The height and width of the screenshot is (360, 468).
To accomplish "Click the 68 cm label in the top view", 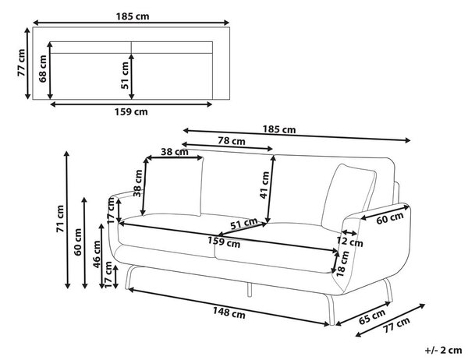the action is pos(43,69).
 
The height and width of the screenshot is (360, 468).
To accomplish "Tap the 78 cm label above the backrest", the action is pos(232,141).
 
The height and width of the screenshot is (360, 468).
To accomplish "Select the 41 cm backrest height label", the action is pos(264,185).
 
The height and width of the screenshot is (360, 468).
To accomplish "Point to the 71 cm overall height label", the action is pos(60,219).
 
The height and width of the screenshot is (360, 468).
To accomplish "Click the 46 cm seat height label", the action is pos(97,254).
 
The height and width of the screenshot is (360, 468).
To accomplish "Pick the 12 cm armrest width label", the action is pos(349,242).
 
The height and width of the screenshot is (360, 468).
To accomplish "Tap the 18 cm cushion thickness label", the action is pos(342,263).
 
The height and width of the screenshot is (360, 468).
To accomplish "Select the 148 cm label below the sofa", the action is pos(229,313).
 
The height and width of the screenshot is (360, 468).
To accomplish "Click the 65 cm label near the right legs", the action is pos(372,316).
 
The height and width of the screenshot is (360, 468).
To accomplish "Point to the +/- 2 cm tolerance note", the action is pos(443,350).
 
